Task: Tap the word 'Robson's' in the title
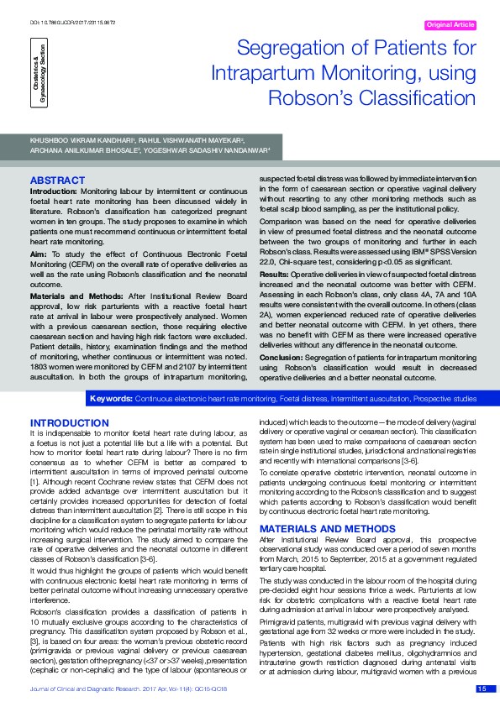(308, 97)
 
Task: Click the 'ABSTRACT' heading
(57, 181)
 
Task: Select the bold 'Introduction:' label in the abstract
(54, 191)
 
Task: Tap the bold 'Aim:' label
(39, 251)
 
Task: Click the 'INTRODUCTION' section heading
(70, 422)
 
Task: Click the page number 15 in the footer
(482, 689)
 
